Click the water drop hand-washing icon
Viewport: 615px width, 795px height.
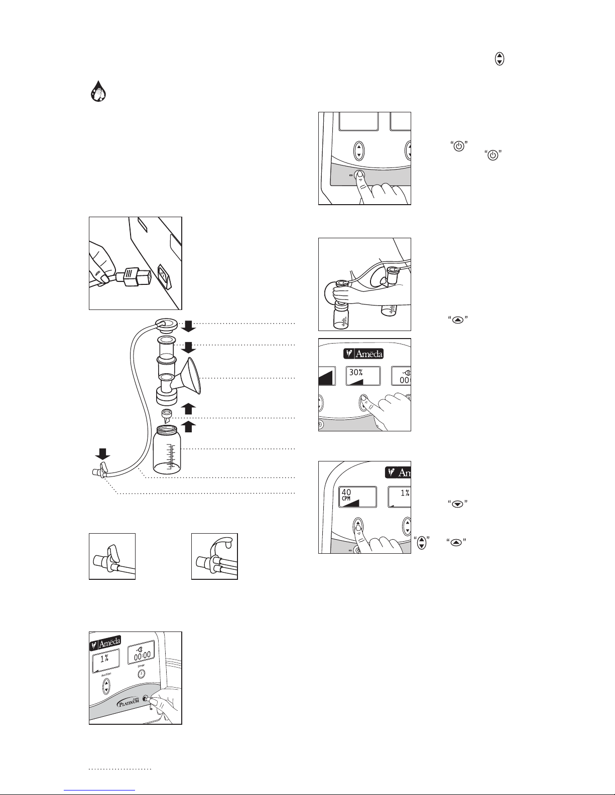98,91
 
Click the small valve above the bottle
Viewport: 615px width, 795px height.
167,416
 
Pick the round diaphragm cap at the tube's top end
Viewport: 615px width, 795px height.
167,325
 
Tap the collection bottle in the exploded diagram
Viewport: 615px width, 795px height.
167,449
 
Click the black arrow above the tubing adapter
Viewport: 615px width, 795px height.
102,454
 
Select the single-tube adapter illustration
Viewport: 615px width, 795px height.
112,556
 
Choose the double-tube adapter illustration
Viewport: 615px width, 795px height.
214,556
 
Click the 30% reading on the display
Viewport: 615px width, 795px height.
356,373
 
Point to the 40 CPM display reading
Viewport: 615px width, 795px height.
346,495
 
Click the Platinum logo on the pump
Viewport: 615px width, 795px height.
129,701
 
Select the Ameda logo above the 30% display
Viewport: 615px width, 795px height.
363,354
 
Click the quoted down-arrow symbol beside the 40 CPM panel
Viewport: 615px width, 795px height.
458,504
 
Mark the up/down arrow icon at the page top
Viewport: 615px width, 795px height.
500,59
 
